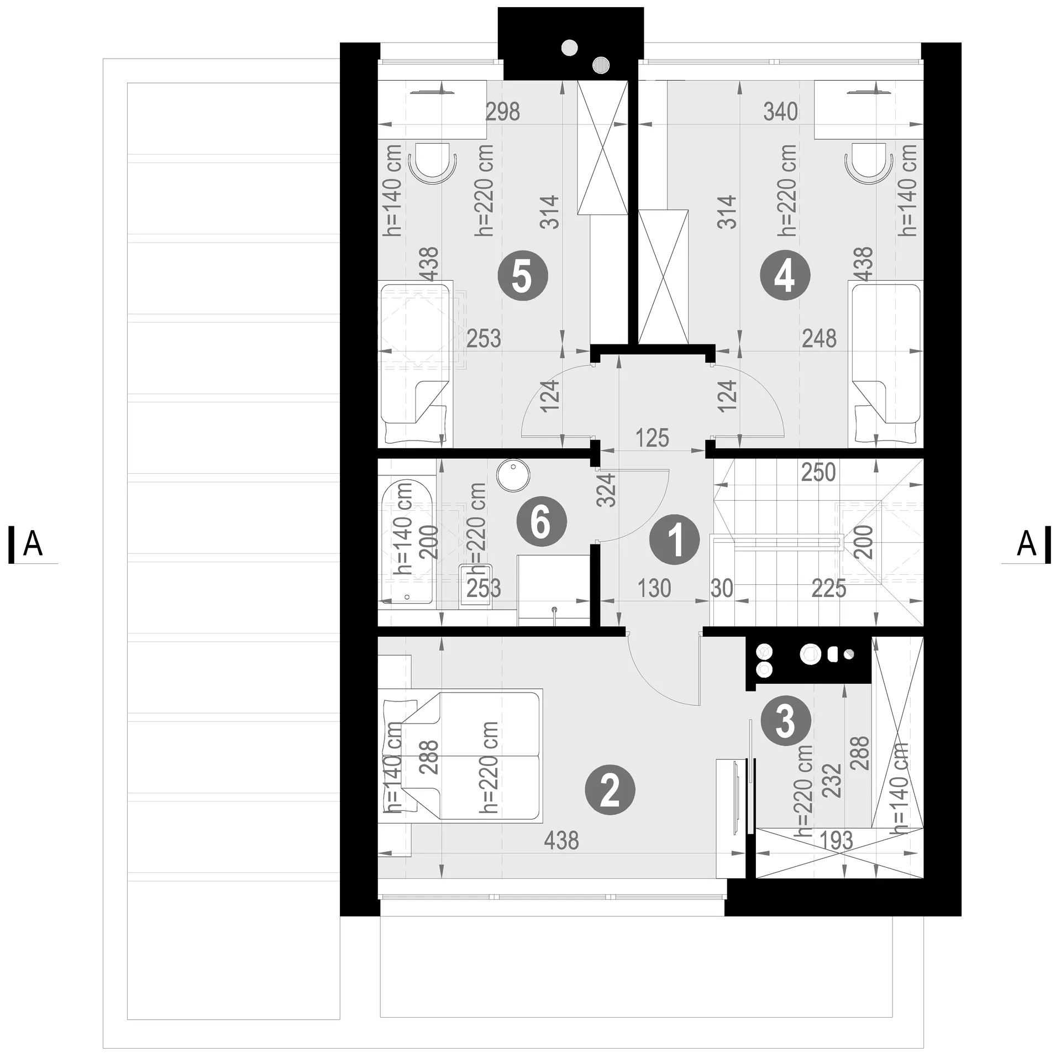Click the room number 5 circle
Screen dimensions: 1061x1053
523,276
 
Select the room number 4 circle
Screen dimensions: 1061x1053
785,276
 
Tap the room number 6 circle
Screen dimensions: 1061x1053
542,522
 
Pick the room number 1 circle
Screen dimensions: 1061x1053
675,539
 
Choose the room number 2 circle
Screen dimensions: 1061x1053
610,791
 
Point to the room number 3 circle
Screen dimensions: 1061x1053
785,722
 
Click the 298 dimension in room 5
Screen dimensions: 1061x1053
503,112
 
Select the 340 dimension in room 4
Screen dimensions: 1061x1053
781,112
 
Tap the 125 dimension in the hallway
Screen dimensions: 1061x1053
652,438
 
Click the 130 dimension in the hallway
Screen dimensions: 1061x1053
654,589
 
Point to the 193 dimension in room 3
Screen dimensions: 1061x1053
837,841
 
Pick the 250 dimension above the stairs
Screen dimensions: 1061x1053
818,473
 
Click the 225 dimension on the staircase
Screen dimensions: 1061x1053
829,589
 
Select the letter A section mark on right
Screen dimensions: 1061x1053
1027,544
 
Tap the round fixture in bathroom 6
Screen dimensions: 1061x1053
513,475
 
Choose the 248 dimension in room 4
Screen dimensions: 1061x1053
819,338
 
